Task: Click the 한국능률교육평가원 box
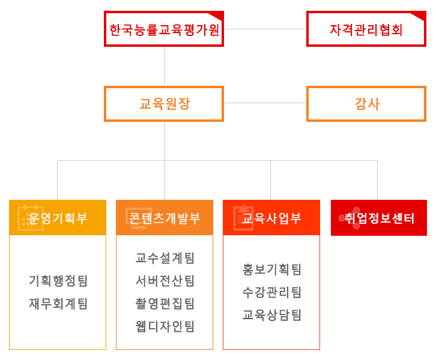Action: point(164,29)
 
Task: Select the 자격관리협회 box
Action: point(366,29)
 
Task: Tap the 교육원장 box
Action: point(164,104)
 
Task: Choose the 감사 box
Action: point(366,104)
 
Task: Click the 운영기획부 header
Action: point(58,217)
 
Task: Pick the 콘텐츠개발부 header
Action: point(165,217)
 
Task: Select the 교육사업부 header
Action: point(271,217)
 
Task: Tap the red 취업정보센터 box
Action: point(379,218)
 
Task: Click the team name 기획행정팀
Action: point(58,281)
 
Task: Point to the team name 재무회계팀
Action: point(58,304)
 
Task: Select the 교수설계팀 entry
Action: point(165,258)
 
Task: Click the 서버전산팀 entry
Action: point(165,281)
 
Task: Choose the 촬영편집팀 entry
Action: point(165,304)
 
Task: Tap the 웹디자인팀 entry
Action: point(165,326)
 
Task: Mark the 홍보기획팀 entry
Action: point(271,269)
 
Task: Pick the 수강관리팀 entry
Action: point(271,292)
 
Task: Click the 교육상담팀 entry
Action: point(271,315)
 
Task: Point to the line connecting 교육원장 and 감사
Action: point(265,103)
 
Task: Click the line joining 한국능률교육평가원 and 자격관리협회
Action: point(265,29)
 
